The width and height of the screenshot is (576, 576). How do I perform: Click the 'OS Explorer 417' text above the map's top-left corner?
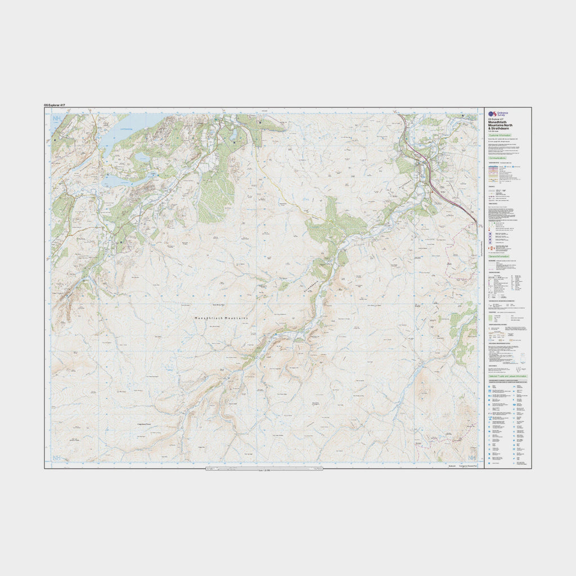point(58,105)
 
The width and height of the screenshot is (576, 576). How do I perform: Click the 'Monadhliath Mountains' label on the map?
point(221,318)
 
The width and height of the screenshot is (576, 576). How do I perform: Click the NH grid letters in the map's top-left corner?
point(56,119)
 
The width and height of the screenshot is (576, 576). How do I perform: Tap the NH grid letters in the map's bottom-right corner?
point(472,458)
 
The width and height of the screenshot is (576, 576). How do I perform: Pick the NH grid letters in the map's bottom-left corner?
point(56,458)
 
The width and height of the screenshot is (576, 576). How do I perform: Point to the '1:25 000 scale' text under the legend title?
point(493,132)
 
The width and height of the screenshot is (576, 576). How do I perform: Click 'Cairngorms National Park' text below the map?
point(467,466)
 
